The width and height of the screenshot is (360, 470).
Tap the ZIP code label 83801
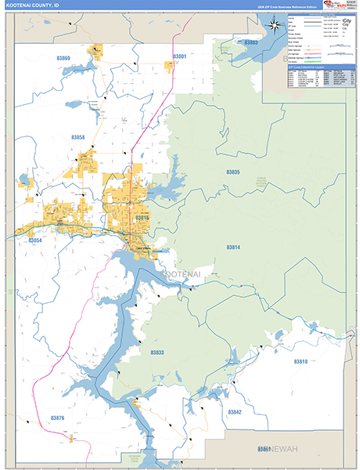click(x=180, y=57)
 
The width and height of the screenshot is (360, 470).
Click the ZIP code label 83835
click(x=233, y=172)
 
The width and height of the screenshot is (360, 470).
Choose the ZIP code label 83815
click(x=142, y=217)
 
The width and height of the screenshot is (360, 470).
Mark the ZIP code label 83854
click(x=34, y=240)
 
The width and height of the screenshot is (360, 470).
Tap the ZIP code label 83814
click(x=234, y=247)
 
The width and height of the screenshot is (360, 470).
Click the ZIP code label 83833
click(x=157, y=353)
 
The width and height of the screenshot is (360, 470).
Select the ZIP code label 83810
click(x=301, y=361)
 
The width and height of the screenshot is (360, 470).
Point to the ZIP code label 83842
click(x=235, y=412)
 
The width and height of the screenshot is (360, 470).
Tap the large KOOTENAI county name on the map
click(x=182, y=273)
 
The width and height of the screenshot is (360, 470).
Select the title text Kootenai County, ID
click(x=31, y=5)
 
